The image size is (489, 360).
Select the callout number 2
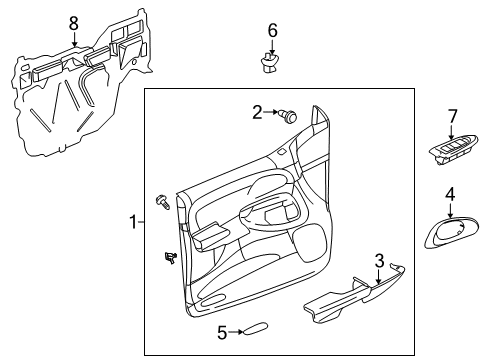pos(257,113)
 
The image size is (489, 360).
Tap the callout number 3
pos(379,261)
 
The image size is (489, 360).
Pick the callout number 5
pos(222,331)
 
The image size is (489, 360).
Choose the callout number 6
pos(272,31)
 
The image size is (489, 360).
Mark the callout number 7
pos(451,118)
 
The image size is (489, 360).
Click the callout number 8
pos(73,22)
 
